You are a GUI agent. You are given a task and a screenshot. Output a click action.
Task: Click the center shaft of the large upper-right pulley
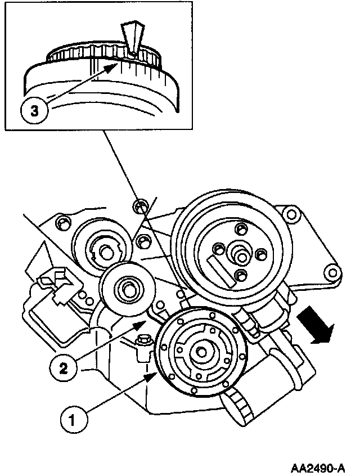coord(242,256)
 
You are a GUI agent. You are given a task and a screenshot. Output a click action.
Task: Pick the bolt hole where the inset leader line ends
coord(140,205)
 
